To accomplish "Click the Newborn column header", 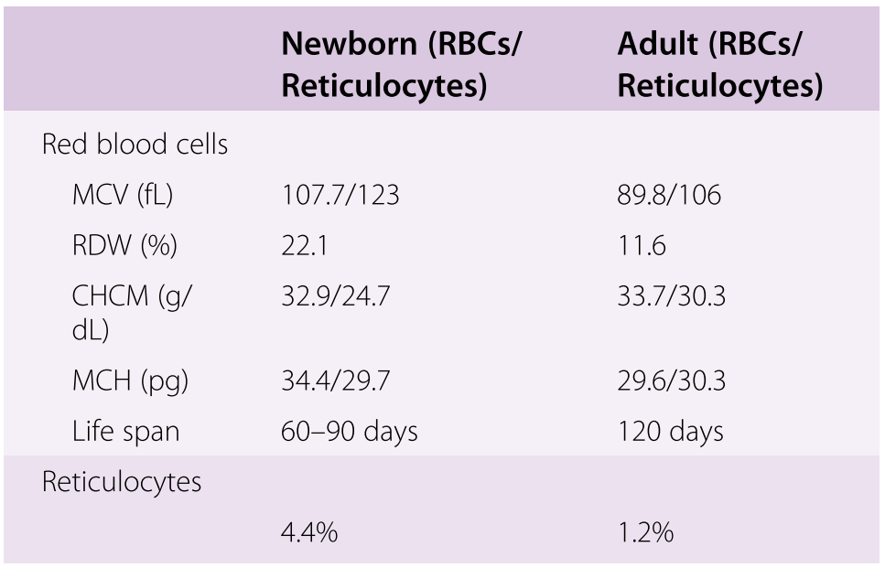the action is point(400,64).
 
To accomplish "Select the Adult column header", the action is point(720,64).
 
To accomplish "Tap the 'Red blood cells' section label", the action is point(135,145).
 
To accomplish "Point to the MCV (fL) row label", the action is point(123,195).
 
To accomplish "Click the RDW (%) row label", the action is point(124,245).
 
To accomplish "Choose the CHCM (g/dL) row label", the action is point(132,313).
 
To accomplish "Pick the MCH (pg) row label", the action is point(130,380).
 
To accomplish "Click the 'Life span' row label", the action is point(126,432).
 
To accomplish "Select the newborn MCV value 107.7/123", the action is point(340,195).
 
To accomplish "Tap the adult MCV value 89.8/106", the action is point(669,195).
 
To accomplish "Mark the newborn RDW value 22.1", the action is point(304,246).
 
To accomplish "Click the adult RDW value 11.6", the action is point(642,246).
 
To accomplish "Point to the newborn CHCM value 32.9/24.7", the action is point(335,296).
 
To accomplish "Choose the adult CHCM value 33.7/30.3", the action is point(672,296).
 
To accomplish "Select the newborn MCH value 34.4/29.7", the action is point(335,380).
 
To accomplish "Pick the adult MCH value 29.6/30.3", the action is point(672,380).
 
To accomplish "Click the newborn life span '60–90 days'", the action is point(350,432).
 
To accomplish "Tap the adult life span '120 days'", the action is point(671,432).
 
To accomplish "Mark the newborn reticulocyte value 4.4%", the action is point(309,532).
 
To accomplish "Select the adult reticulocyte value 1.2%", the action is point(646,532).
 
